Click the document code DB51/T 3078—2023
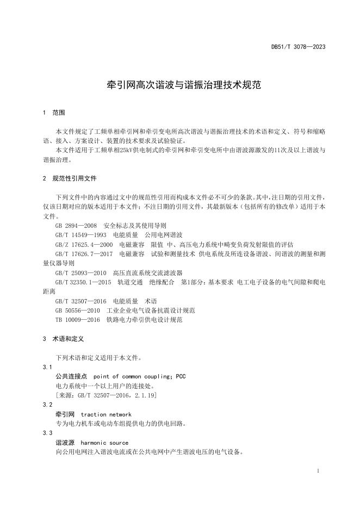click(x=298, y=47)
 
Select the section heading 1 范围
click(x=54, y=113)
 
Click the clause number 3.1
click(x=47, y=367)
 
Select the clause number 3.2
click(x=47, y=405)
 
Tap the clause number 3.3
click(x=47, y=433)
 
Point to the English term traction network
click(x=105, y=414)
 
